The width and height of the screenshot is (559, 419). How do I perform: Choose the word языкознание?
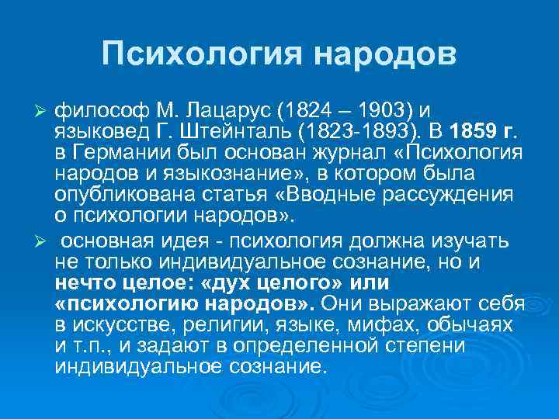[245, 170]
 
